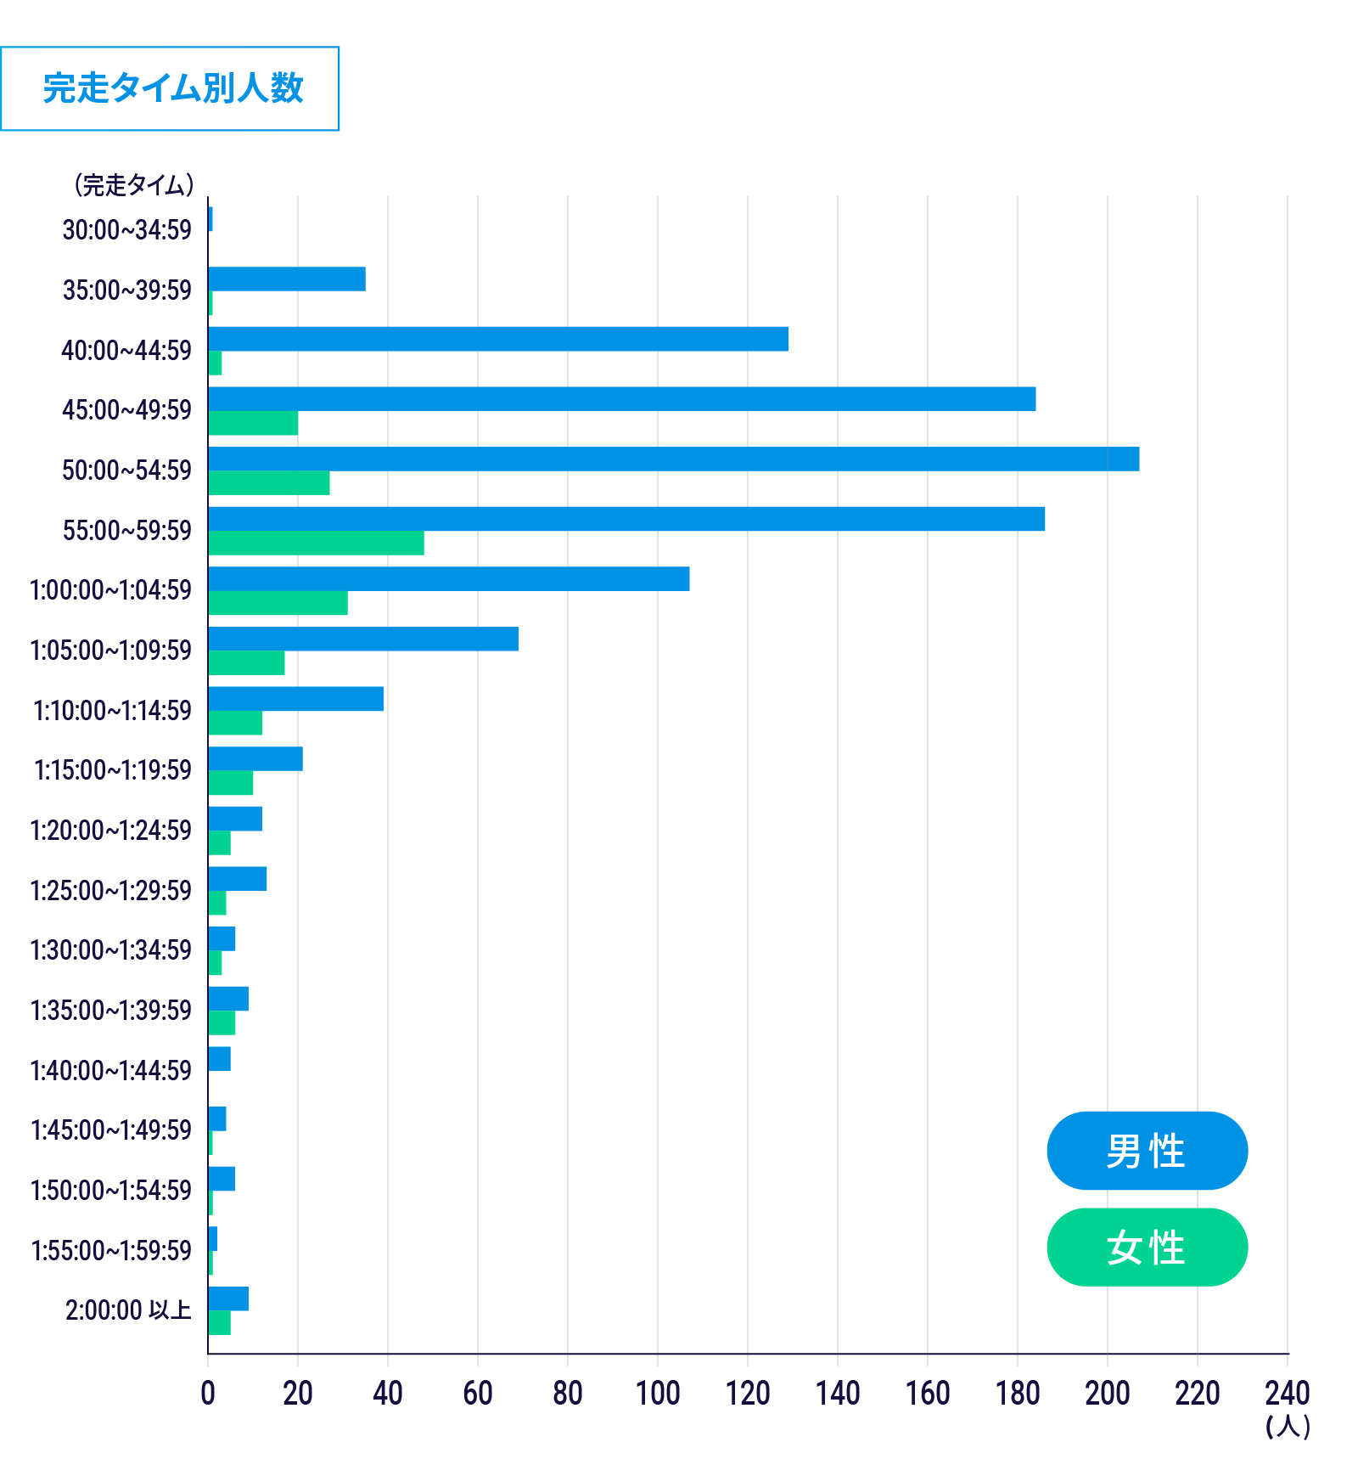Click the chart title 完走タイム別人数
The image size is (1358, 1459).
(x=172, y=88)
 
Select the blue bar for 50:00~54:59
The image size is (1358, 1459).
(x=673, y=459)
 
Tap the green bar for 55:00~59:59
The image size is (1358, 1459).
(x=316, y=543)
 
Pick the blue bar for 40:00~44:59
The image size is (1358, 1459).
(x=497, y=339)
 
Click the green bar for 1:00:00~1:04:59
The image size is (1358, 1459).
(x=278, y=603)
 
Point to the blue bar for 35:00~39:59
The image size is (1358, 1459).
(x=287, y=279)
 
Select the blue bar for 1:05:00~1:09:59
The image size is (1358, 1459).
(x=362, y=639)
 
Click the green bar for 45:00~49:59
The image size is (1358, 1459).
(x=253, y=423)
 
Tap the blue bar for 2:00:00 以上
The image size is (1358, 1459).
(x=228, y=1298)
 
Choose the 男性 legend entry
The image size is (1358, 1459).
(x=1147, y=1151)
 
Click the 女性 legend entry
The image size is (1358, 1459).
(x=1147, y=1247)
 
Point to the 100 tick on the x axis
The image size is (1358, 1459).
(x=658, y=1394)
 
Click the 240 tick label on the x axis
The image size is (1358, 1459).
(x=1287, y=1394)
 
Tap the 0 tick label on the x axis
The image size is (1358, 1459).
(x=208, y=1394)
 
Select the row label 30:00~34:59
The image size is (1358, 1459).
(x=127, y=229)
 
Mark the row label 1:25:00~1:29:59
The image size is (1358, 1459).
(x=111, y=890)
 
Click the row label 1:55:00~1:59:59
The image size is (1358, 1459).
(x=111, y=1250)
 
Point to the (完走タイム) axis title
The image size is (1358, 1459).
(x=133, y=184)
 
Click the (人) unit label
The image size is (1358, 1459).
(x=1288, y=1426)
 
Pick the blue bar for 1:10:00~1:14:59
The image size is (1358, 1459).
(x=295, y=699)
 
